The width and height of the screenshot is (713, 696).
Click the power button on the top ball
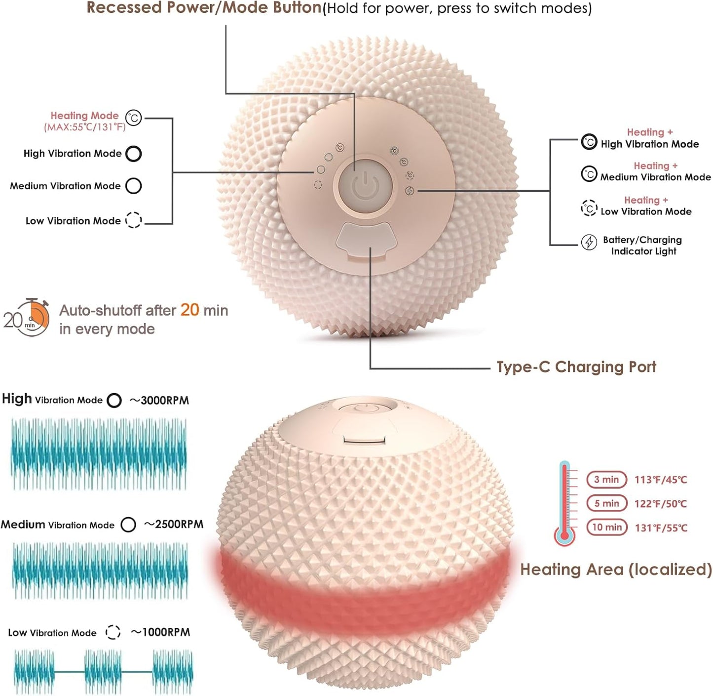(x=365, y=186)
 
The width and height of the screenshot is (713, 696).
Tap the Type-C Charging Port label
(x=576, y=367)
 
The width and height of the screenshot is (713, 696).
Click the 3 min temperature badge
(x=606, y=480)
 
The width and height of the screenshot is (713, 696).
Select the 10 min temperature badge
(x=606, y=528)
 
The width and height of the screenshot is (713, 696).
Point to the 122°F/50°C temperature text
(x=660, y=503)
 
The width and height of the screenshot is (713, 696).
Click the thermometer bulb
(x=564, y=536)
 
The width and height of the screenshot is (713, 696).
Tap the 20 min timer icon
(x=26, y=318)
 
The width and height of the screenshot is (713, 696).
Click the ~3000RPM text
(x=159, y=400)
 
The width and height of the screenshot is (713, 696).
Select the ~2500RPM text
(x=174, y=525)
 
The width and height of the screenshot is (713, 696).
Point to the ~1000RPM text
(x=160, y=632)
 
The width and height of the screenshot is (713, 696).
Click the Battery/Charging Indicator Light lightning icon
(x=589, y=243)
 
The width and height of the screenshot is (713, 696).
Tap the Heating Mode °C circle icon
(x=133, y=118)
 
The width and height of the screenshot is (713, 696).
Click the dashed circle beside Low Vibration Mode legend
(x=133, y=220)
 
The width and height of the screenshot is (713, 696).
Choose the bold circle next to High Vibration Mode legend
(x=133, y=154)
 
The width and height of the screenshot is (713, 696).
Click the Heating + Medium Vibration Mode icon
(x=589, y=174)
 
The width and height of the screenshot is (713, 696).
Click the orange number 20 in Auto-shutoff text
(x=190, y=310)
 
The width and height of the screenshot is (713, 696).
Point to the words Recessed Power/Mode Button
(x=204, y=8)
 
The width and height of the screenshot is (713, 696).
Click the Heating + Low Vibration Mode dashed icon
(x=589, y=208)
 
